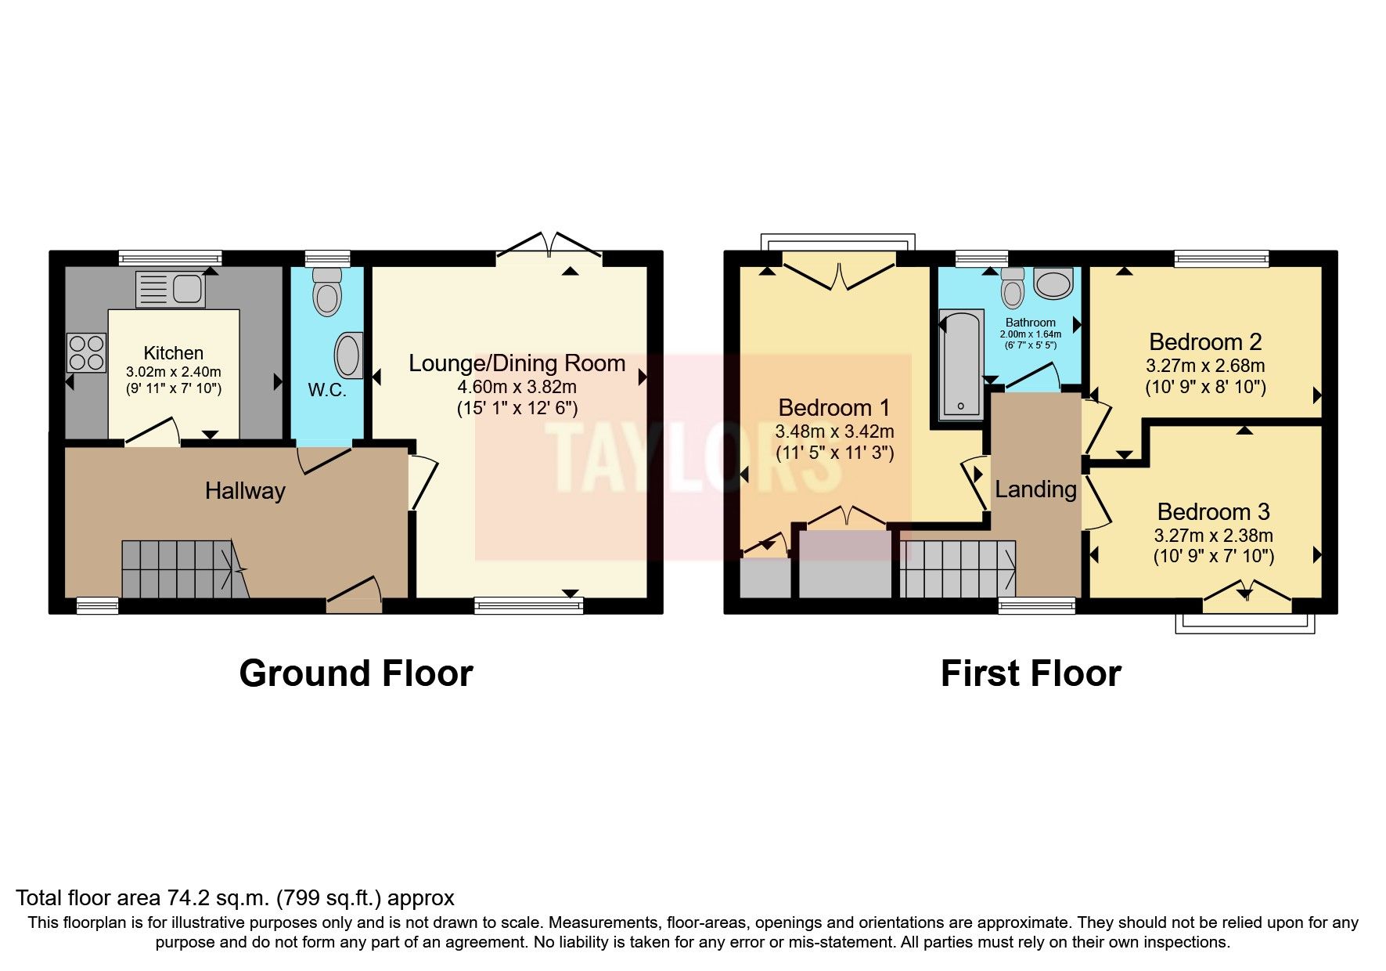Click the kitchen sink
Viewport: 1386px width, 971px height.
click(x=170, y=289)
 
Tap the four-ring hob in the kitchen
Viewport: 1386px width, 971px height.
click(x=86, y=352)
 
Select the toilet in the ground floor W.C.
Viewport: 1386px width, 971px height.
click(x=327, y=291)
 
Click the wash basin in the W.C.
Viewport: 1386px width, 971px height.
click(x=349, y=356)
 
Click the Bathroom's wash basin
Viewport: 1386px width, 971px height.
click(x=1053, y=283)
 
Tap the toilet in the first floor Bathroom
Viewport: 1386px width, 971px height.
click(x=1013, y=288)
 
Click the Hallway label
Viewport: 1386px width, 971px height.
click(x=245, y=491)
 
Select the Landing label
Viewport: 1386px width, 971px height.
click(x=1035, y=489)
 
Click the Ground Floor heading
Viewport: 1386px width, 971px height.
click(x=356, y=673)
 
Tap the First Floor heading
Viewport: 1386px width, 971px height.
click(x=1031, y=673)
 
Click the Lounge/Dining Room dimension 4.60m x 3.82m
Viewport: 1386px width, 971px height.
click(x=517, y=387)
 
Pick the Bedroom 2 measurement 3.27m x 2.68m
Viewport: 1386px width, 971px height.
click(x=1205, y=366)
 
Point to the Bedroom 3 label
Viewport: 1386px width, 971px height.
click(x=1213, y=512)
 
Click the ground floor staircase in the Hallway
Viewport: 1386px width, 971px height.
click(x=180, y=569)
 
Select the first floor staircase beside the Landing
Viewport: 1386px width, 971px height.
click(x=957, y=569)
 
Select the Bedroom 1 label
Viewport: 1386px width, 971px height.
click(x=834, y=408)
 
